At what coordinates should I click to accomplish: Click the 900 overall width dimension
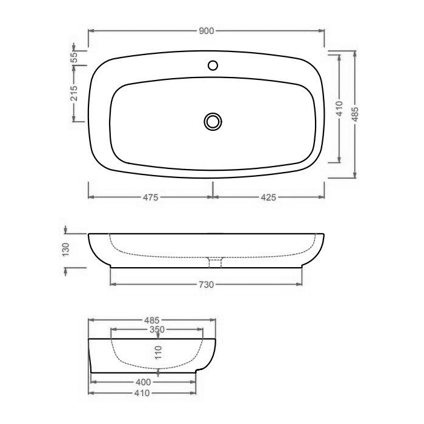(206, 31)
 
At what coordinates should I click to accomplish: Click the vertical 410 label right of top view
(340, 108)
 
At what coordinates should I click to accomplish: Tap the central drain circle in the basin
(212, 121)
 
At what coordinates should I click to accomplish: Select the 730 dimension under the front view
(207, 285)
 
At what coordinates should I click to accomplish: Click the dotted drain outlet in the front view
(216, 262)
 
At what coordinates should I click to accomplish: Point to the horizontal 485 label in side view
(152, 320)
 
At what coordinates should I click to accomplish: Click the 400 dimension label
(143, 382)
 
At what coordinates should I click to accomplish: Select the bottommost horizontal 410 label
(143, 393)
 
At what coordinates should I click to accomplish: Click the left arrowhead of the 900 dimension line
(90, 31)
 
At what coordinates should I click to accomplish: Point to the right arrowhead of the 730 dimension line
(300, 285)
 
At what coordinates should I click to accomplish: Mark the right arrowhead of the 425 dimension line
(323, 197)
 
